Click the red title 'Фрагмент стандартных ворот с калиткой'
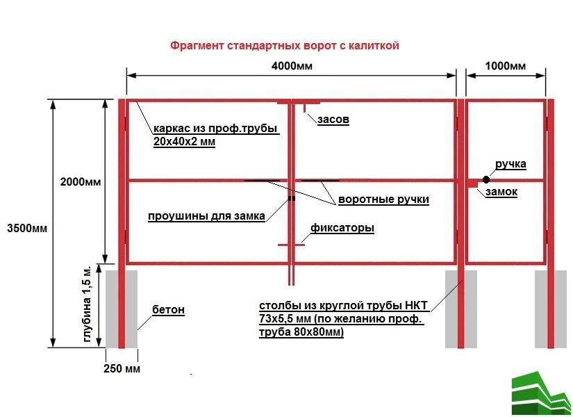point(285,46)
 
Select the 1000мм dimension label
point(504,66)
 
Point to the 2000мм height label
point(81,182)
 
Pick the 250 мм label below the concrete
point(122,368)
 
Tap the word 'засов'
point(333,120)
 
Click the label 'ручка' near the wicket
point(510,165)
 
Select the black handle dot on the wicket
point(486,180)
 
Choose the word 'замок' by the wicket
point(501,192)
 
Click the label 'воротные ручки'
point(383,199)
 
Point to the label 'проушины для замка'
point(206,215)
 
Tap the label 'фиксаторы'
point(342,228)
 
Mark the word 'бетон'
point(168,309)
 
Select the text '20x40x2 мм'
point(185,142)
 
